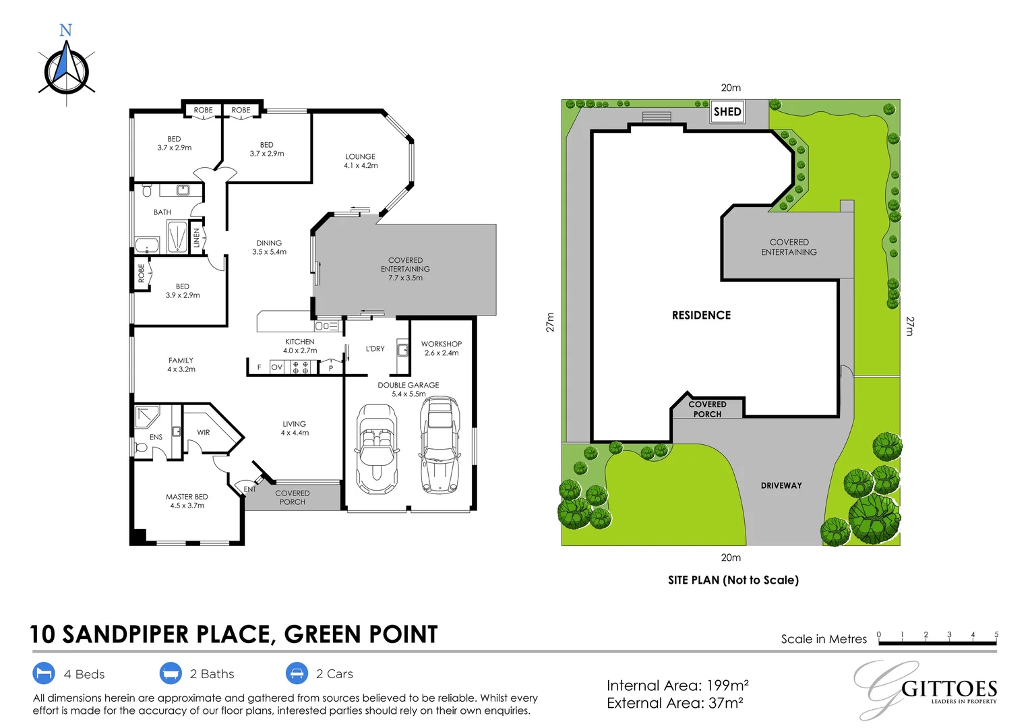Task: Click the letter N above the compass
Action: (x=66, y=30)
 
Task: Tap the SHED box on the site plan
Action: (x=727, y=112)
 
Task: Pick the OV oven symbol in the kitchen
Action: (x=276, y=367)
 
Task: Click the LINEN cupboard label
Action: (x=197, y=238)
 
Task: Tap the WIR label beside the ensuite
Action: (x=204, y=432)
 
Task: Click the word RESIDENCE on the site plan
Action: (x=701, y=315)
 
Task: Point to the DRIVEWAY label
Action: (x=781, y=485)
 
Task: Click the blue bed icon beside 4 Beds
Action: (x=44, y=673)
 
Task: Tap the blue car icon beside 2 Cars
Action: (x=297, y=673)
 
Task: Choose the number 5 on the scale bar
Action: (x=996, y=634)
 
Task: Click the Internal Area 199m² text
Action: (x=677, y=686)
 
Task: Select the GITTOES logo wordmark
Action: (x=949, y=690)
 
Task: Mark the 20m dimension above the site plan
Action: (x=731, y=88)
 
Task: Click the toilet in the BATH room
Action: (x=147, y=190)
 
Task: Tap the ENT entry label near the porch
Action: (x=249, y=489)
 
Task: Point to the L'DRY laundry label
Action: (x=375, y=348)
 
